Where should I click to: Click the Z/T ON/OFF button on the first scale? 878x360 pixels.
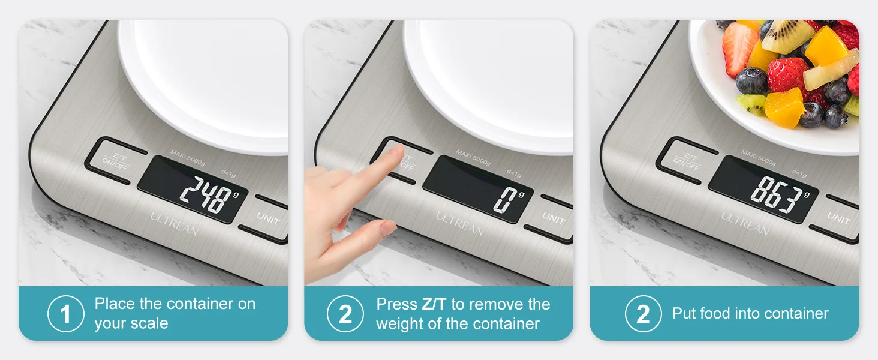(x=116, y=161)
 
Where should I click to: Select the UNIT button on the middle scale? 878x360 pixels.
(x=554, y=218)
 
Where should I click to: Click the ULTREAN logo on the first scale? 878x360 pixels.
(x=174, y=224)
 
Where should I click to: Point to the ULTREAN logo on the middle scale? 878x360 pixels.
(x=459, y=224)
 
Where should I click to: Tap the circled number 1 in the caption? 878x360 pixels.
(x=66, y=314)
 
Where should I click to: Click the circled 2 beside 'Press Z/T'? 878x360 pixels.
(x=345, y=314)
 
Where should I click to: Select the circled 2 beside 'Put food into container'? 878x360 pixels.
(x=644, y=314)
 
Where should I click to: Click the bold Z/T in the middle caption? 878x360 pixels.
(x=434, y=304)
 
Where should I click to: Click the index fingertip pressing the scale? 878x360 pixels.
(x=398, y=149)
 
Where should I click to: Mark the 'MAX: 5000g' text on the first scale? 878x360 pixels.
(x=187, y=157)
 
